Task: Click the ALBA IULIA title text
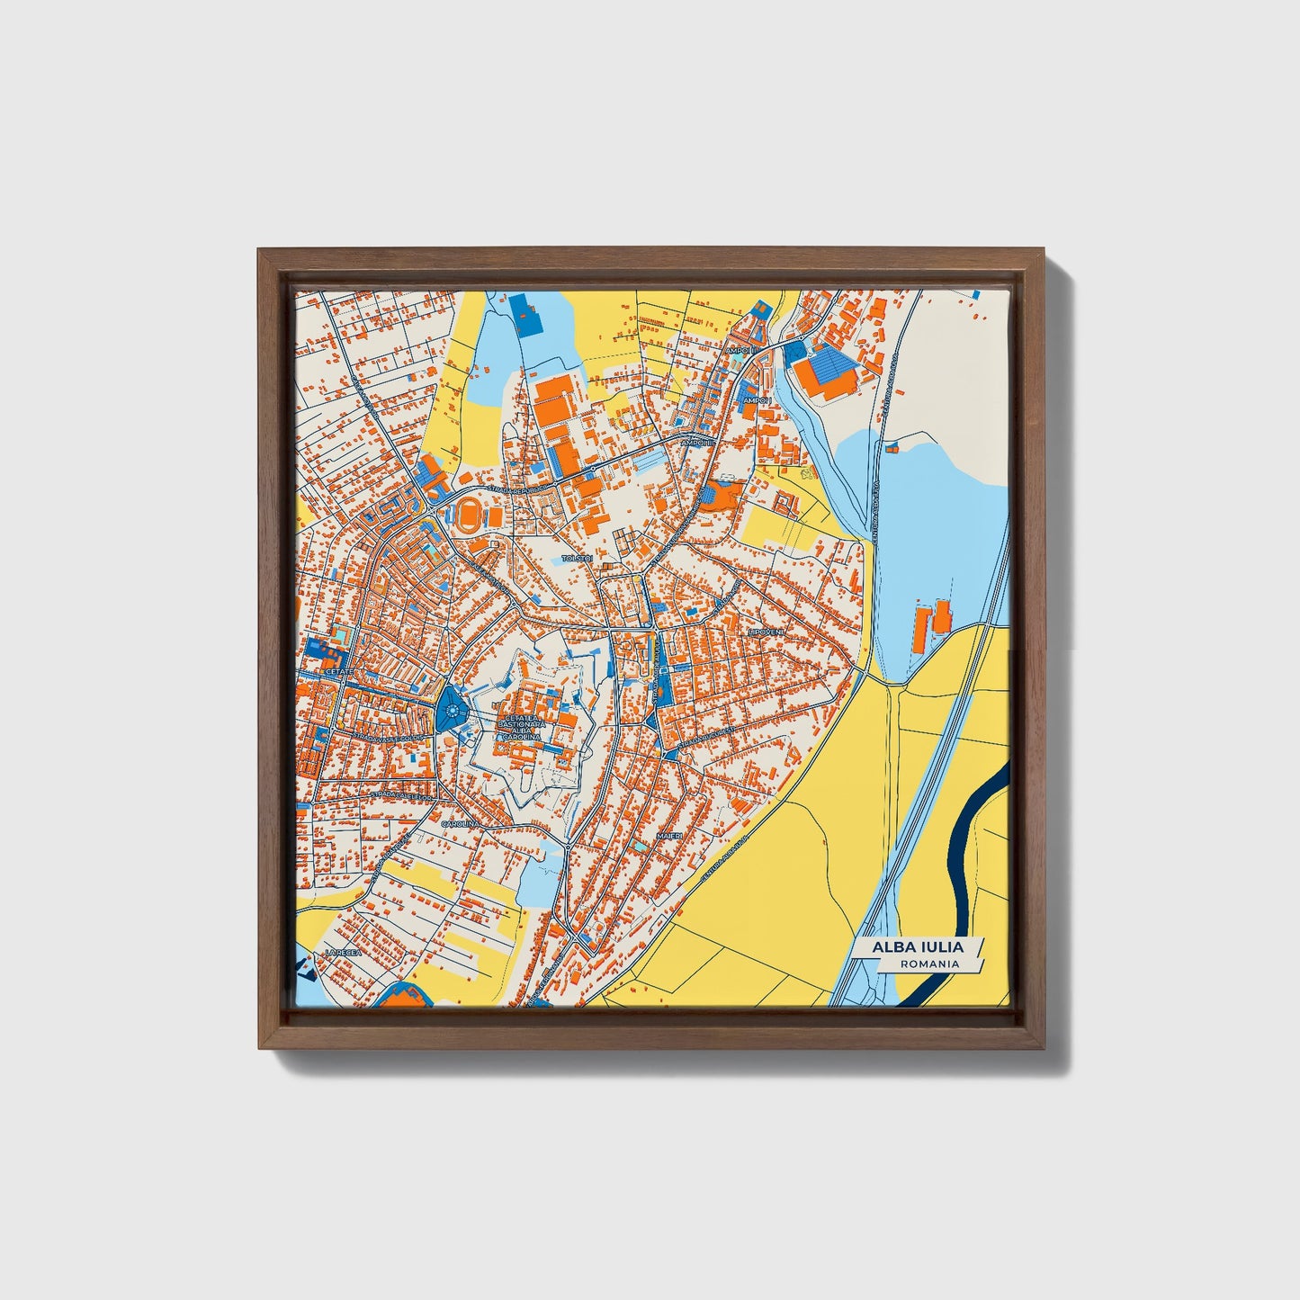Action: [917, 946]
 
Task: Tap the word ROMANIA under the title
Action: [930, 964]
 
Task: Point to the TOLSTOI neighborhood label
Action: [577, 559]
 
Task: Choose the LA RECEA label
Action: [343, 952]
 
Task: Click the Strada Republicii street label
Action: [517, 488]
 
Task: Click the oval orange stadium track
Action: [467, 516]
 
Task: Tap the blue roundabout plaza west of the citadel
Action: [450, 713]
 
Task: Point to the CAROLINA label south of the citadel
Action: [460, 822]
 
